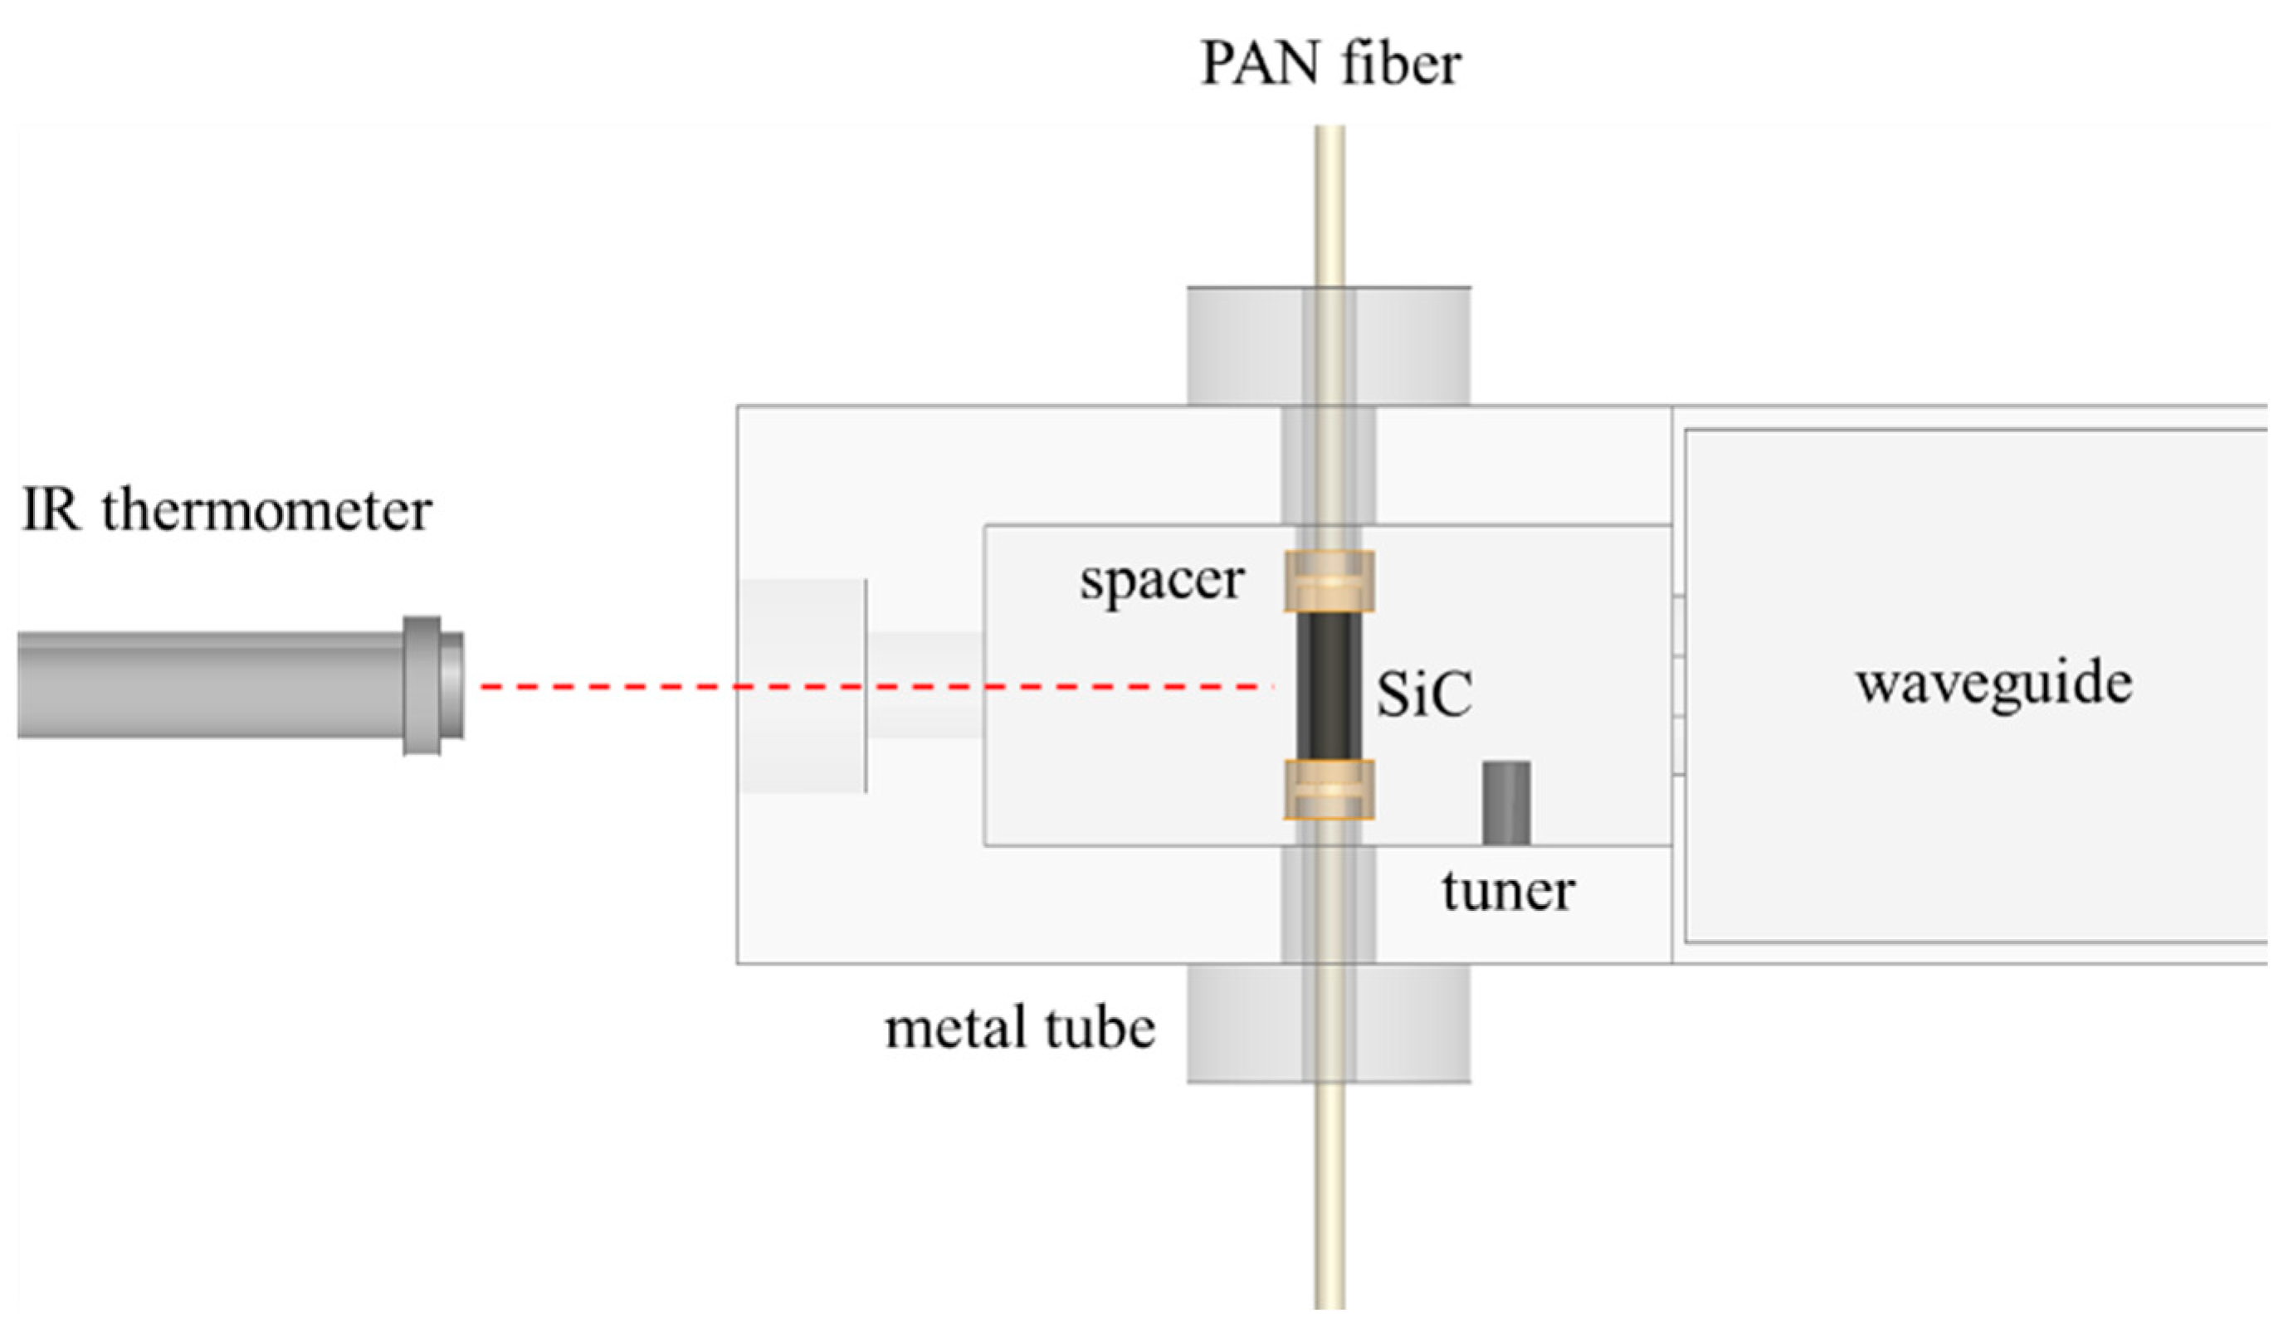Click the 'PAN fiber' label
pyautogui.click(x=1330, y=64)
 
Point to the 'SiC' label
pyautogui.click(x=1424, y=696)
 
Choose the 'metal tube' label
pyautogui.click(x=1020, y=1029)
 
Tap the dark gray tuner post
pyautogui.click(x=1506, y=802)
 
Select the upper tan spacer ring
pyautogui.click(x=1329, y=581)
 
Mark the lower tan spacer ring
pyautogui.click(x=1329, y=790)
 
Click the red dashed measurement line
pyautogui.click(x=874, y=686)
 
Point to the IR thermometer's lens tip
pyautogui.click(x=451, y=686)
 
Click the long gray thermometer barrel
pyautogui.click(x=209, y=686)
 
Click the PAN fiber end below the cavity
pyautogui.click(x=1329, y=1200)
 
